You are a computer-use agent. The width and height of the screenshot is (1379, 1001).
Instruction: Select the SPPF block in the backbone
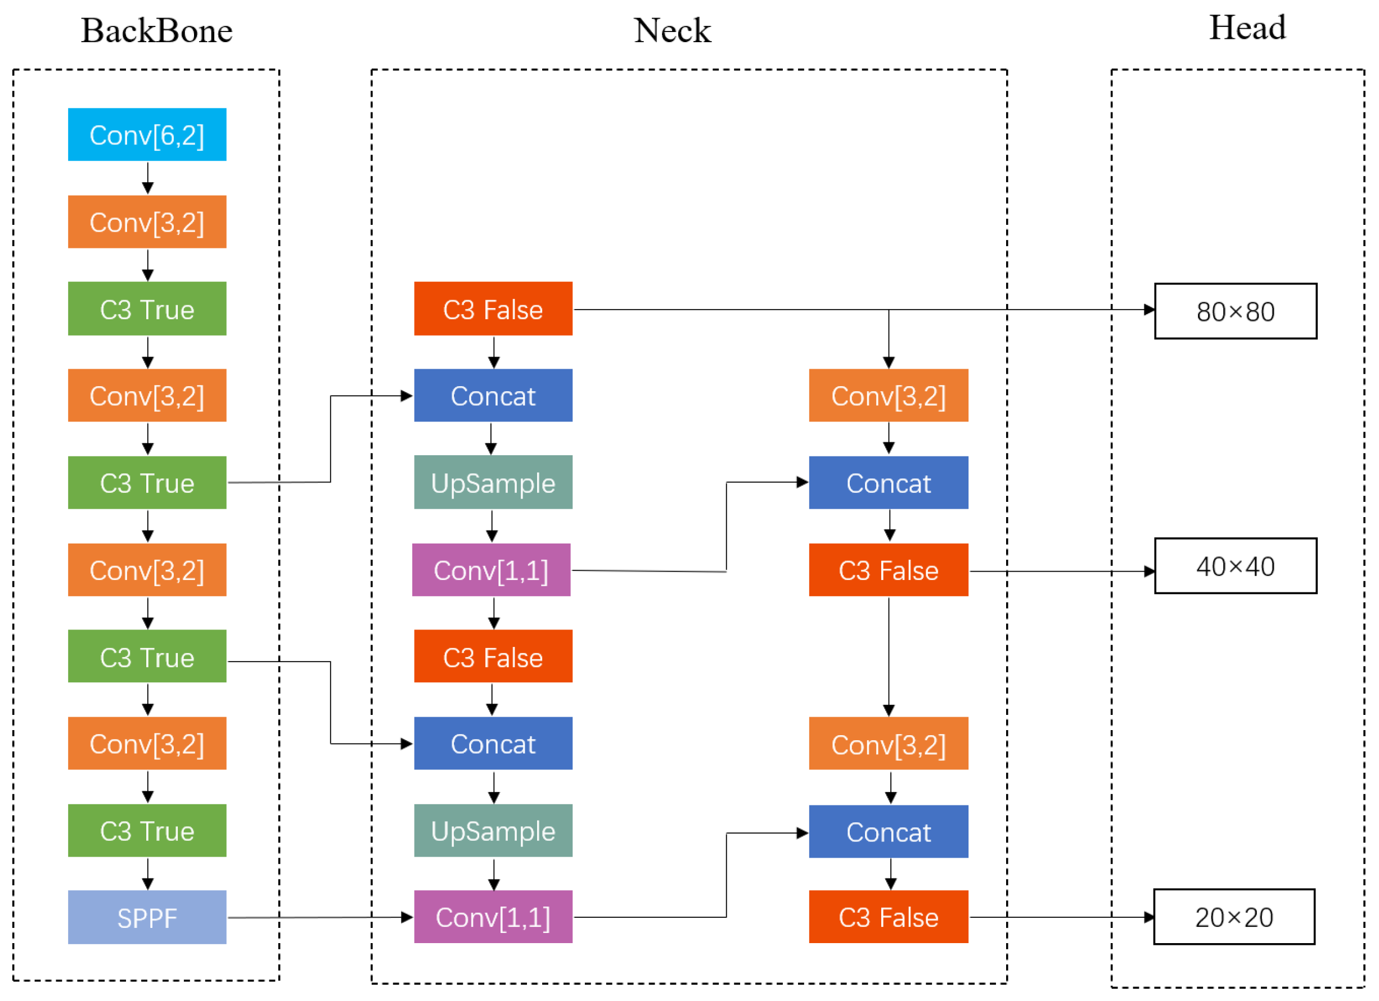pyautogui.click(x=147, y=917)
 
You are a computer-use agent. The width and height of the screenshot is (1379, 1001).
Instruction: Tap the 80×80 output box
pyautogui.click(x=1235, y=311)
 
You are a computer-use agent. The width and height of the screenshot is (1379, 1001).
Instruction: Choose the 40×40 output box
pyautogui.click(x=1235, y=566)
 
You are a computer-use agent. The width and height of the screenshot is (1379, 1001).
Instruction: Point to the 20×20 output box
pyautogui.click(x=1234, y=917)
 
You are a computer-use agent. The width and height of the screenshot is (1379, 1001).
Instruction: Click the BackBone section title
pyautogui.click(x=157, y=30)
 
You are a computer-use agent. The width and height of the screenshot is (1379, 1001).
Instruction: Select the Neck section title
pyautogui.click(x=672, y=30)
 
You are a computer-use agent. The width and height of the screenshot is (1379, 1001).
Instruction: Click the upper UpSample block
pyautogui.click(x=493, y=483)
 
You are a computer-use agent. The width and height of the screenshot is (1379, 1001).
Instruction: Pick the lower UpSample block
pyautogui.click(x=493, y=831)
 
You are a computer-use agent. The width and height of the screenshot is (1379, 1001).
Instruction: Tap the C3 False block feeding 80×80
pyautogui.click(x=493, y=309)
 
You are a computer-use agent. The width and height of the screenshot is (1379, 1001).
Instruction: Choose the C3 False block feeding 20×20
pyautogui.click(x=889, y=917)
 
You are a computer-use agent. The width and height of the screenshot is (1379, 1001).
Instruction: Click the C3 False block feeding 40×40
pyautogui.click(x=889, y=570)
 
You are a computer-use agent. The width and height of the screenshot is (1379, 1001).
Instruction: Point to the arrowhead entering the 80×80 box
pyautogui.click(x=1148, y=310)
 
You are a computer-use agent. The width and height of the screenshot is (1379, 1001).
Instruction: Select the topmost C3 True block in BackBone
pyautogui.click(x=147, y=309)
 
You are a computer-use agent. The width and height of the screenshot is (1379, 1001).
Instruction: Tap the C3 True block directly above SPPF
pyautogui.click(x=147, y=831)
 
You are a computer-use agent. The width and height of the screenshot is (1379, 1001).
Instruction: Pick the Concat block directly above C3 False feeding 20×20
pyautogui.click(x=889, y=832)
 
